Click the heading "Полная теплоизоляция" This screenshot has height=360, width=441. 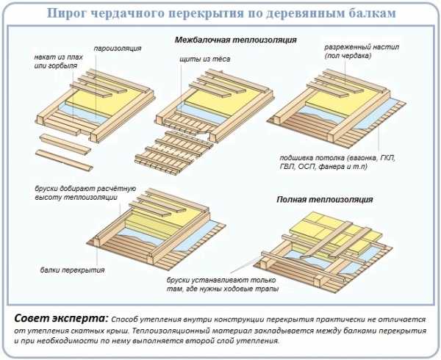point(324,199)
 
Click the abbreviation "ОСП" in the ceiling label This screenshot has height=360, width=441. point(319,168)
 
